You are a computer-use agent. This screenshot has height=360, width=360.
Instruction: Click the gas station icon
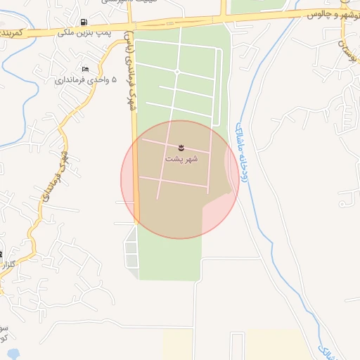coord(85,22)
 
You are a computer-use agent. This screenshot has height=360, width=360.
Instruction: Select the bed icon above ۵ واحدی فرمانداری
coord(85,69)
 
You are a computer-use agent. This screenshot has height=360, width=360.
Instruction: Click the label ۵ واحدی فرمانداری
coord(83,79)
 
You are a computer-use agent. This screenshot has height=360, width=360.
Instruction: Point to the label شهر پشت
coord(181,159)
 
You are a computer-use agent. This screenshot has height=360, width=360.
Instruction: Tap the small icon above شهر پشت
coord(181,147)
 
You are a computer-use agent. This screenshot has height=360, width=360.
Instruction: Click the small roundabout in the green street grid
coord(177,72)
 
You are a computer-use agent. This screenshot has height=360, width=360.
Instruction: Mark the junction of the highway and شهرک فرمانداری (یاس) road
coord(131,27)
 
